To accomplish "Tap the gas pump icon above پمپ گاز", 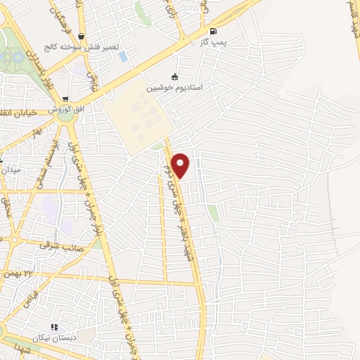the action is (x=213, y=31).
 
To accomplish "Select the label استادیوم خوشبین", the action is (x=174, y=88).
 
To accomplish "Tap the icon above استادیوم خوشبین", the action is (x=175, y=77).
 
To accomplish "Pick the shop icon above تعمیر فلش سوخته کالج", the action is (x=82, y=36).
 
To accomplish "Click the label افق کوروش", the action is (x=65, y=111).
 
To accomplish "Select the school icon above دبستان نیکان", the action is (x=55, y=327).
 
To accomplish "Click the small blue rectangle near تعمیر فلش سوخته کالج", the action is (x=123, y=56).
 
